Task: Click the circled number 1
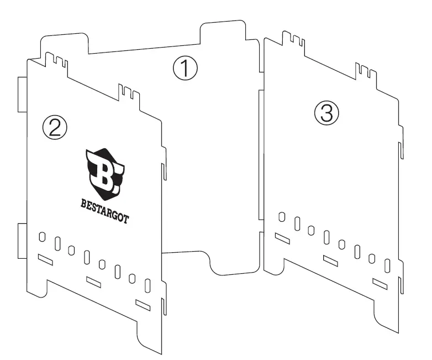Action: click(185, 69)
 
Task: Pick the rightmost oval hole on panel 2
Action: click(148, 286)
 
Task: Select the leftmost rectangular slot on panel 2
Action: click(45, 259)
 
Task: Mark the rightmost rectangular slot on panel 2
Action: click(143, 304)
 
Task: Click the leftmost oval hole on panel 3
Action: click(282, 216)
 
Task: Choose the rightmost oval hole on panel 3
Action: click(387, 267)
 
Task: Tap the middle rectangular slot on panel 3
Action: click(331, 260)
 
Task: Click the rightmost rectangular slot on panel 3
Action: click(381, 283)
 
